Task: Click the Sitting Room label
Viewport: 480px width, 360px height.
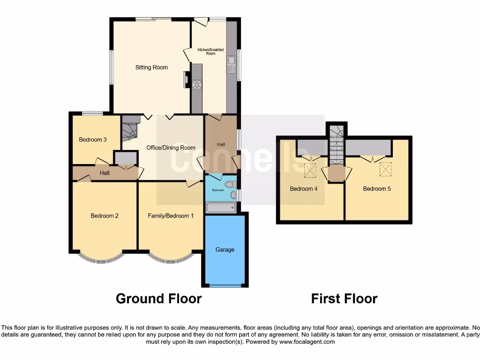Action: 151,67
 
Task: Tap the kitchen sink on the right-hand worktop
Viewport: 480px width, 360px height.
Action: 231,64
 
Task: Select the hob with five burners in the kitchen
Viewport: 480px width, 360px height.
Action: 196,84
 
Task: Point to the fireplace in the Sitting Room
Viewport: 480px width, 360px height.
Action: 187,80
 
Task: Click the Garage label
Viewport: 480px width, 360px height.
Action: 225,250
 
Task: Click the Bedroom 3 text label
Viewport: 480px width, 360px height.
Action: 93,140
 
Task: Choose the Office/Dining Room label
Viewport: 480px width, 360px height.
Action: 171,148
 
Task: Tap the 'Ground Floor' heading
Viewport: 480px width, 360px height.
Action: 158,299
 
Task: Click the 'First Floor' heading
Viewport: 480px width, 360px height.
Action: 344,299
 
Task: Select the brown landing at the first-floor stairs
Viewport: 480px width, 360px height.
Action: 336,174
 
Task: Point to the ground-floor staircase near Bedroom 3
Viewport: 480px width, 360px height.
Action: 128,130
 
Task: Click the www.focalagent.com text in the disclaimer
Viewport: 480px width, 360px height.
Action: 307,342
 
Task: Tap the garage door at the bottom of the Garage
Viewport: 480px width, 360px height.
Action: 225,285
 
